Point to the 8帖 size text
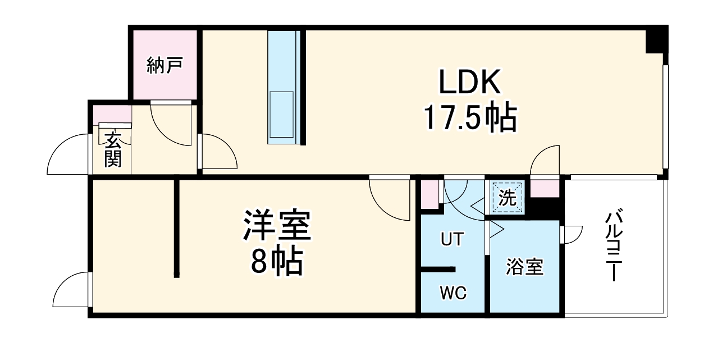276,261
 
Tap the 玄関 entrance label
113,149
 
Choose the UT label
452,240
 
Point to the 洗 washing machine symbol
507,198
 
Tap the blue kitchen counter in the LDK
285,87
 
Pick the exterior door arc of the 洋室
72,290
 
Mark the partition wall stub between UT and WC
438,269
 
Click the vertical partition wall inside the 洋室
176,227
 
